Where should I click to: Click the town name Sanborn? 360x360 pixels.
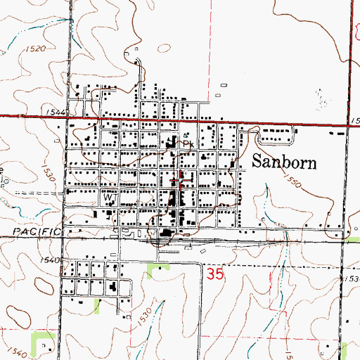(284, 161)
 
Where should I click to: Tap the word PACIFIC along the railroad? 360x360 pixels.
(34, 231)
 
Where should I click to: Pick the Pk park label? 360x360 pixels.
(188, 143)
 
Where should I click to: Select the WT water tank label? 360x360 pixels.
(110, 199)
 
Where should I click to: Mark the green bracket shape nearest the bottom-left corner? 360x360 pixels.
(44, 342)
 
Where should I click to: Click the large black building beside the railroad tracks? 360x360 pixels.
(167, 234)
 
